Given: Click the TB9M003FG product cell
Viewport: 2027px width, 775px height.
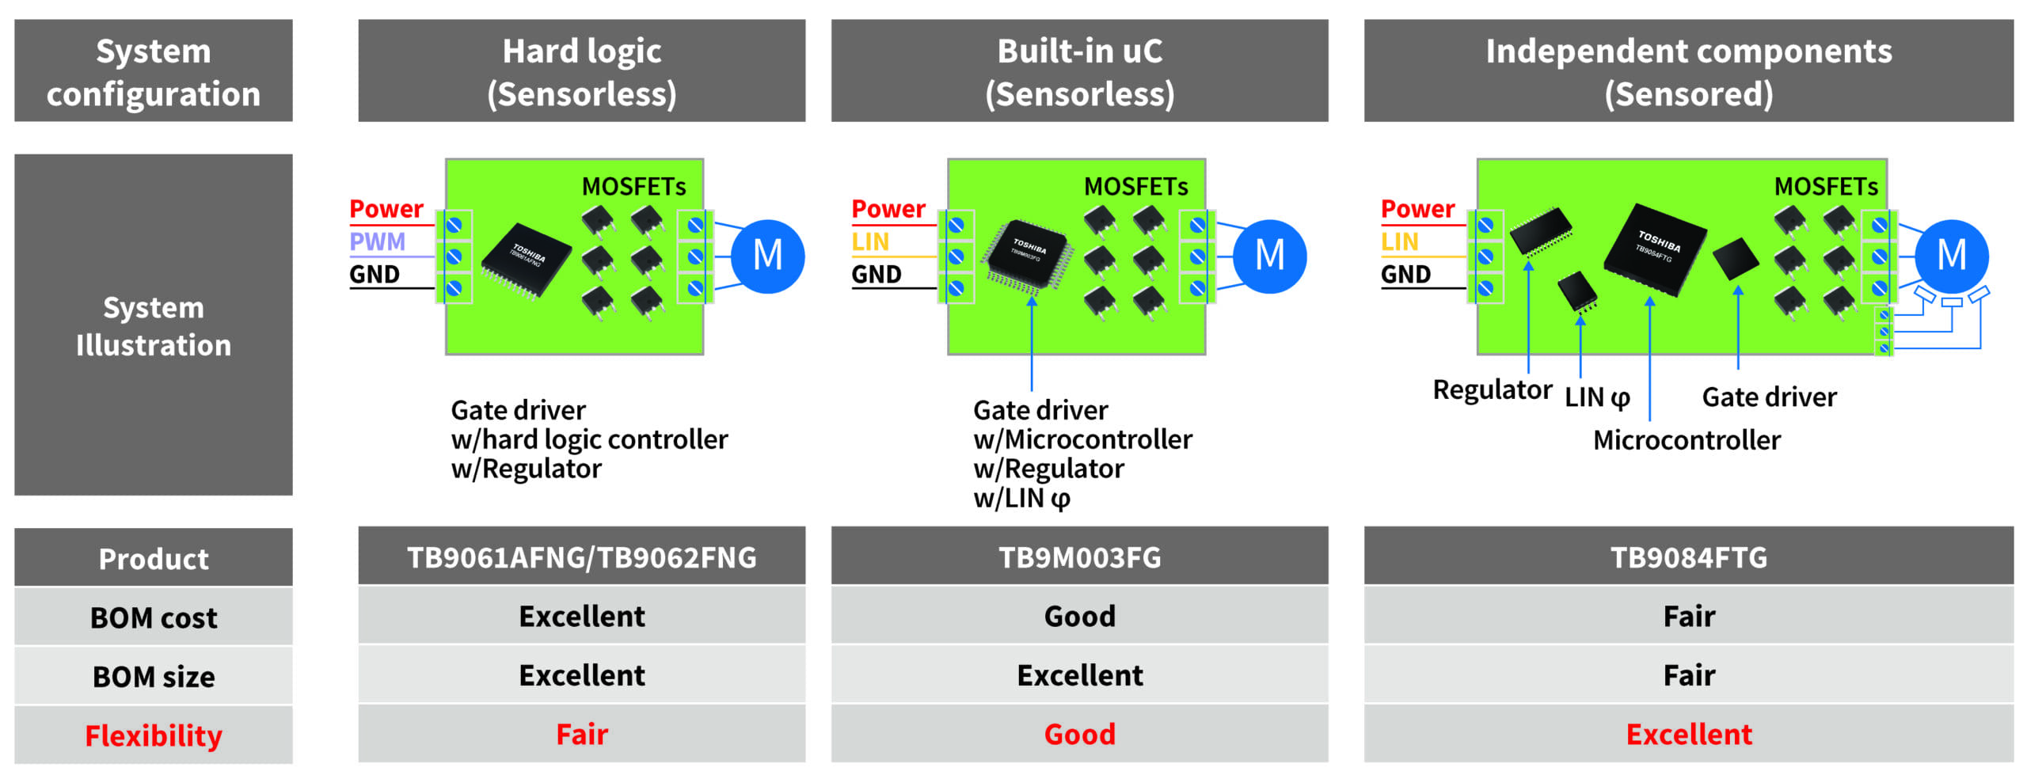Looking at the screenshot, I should pyautogui.click(x=1079, y=557).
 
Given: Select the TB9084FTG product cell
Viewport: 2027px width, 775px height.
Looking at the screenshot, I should pyautogui.click(x=1688, y=557).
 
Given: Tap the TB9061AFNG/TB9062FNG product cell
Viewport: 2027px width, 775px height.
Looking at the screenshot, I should pyautogui.click(x=581, y=557).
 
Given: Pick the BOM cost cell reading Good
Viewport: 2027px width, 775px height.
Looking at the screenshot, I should pyautogui.click(x=1079, y=616).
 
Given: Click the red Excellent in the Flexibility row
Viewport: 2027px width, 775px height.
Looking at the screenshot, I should pyautogui.click(x=1688, y=734).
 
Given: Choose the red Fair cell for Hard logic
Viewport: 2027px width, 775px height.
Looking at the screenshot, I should pyautogui.click(x=581, y=734).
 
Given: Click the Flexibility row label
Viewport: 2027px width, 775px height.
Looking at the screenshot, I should pyautogui.click(x=153, y=735).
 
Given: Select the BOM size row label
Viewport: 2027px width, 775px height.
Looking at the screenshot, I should pyautogui.click(x=153, y=677).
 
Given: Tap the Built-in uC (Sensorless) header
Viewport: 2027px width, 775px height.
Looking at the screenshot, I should pyautogui.click(x=1079, y=71).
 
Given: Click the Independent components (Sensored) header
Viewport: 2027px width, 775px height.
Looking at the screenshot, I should pyautogui.click(x=1688, y=71).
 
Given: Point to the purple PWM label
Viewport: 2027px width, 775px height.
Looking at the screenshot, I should pyautogui.click(x=378, y=241).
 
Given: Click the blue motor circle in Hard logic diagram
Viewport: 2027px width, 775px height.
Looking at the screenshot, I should pyautogui.click(x=767, y=256).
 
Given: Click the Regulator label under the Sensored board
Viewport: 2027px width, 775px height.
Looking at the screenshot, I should pyautogui.click(x=1492, y=389).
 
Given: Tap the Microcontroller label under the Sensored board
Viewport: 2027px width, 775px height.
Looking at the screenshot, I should pyautogui.click(x=1687, y=440).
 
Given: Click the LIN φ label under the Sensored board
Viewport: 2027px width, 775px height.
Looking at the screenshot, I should pyautogui.click(x=1597, y=397).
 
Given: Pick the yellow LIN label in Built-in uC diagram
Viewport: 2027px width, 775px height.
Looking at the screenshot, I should pyautogui.click(x=870, y=241).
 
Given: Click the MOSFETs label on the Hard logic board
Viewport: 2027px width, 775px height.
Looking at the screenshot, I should pyautogui.click(x=633, y=187).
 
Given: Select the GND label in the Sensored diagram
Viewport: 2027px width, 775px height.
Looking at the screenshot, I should pyautogui.click(x=1405, y=274).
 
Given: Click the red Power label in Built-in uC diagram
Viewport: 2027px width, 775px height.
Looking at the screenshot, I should pyautogui.click(x=888, y=209).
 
